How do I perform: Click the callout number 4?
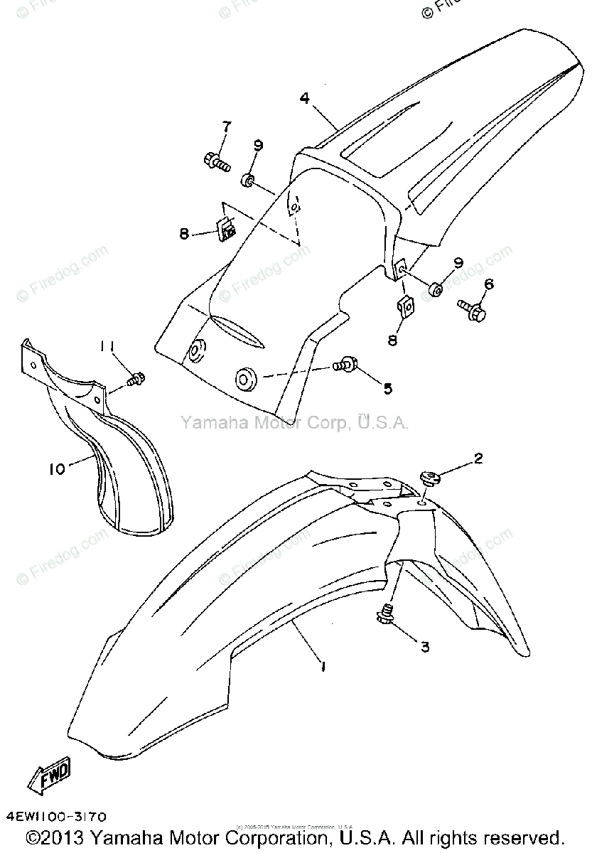pos(305,99)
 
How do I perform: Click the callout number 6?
pos(488,285)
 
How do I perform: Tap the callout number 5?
pos(387,388)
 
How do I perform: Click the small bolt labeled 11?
pos(135,380)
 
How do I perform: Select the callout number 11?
pos(107,346)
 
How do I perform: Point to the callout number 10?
pos(57,468)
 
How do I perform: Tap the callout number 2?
pos(478,458)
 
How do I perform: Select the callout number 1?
pos(323,667)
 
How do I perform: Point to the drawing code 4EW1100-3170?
pos(58,818)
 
